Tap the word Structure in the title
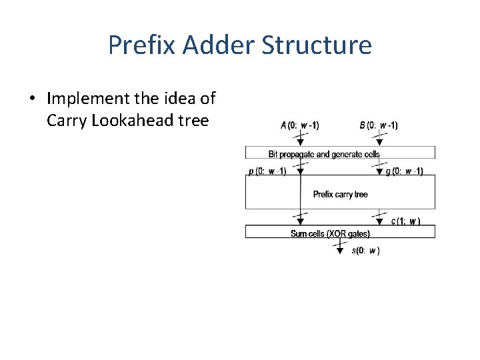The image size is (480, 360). pos(317,45)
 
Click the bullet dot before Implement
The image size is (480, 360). pos(31,99)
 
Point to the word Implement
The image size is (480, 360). pos(88,99)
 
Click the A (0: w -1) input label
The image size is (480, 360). pos(299,125)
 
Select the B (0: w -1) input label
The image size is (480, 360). pos(378,125)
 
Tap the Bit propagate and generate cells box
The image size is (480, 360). pos(340,153)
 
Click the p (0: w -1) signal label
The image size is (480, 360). pos(267,171)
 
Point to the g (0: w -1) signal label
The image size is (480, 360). pos(404,171)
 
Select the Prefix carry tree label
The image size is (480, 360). pos(340,194)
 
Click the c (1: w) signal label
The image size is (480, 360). pos(405,221)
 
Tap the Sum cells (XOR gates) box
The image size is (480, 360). pos(340,233)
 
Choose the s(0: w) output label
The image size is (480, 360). pos(365,251)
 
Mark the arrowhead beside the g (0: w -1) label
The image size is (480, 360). pos(379,172)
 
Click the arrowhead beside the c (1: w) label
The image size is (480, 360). pos(379,222)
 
